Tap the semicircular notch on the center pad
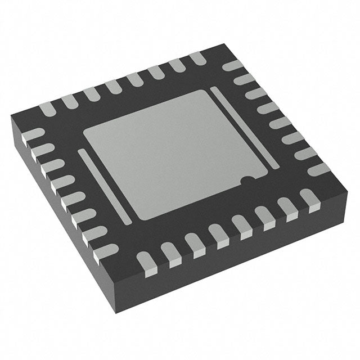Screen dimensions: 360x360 click(246, 181)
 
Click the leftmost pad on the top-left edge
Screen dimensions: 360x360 click(48, 107)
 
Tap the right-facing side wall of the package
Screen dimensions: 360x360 click(242, 264)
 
